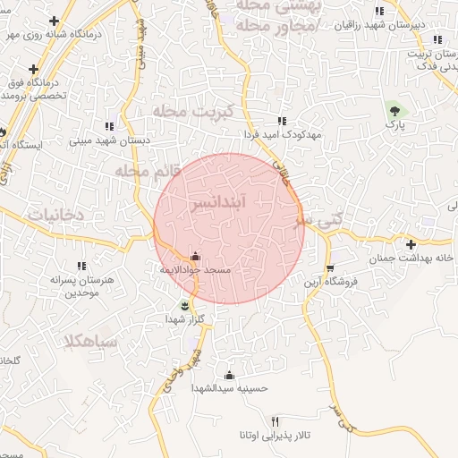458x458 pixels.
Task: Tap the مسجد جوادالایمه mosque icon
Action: coord(196,257)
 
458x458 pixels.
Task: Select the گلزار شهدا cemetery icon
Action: coord(184,306)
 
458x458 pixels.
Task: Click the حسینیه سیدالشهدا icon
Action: coord(229,375)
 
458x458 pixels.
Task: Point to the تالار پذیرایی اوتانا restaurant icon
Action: coord(275,421)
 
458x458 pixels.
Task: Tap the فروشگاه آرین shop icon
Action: coord(329,269)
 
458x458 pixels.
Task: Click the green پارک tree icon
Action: coord(394,111)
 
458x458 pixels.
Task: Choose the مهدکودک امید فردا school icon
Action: coord(282,121)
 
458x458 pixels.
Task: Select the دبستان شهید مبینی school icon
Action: coord(109,127)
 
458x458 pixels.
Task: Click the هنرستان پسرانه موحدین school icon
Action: coord(81,266)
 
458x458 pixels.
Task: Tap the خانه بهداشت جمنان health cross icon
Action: coord(411,244)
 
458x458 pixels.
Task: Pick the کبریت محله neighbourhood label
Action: coord(191,112)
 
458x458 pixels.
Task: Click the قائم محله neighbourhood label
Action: coord(148,170)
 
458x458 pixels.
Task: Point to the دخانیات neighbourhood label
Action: coord(55,216)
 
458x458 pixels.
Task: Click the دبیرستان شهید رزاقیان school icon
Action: coord(379,12)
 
